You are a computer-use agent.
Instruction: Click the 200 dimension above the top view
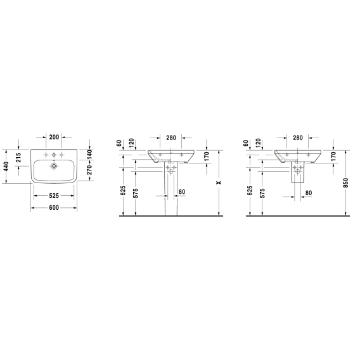[x=54, y=137]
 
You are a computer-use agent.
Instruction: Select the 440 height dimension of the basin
[x=6, y=167]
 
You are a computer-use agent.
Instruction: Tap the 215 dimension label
[x=18, y=157]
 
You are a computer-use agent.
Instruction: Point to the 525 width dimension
[x=54, y=196]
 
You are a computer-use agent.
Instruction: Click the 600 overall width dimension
[x=54, y=207]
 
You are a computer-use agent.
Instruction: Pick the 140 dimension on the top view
[x=89, y=155]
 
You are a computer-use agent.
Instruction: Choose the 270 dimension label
[x=89, y=170]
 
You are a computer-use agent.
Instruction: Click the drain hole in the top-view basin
[x=54, y=166]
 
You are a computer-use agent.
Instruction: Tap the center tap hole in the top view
[x=54, y=155]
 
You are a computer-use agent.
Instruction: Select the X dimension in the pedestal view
[x=219, y=183]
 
